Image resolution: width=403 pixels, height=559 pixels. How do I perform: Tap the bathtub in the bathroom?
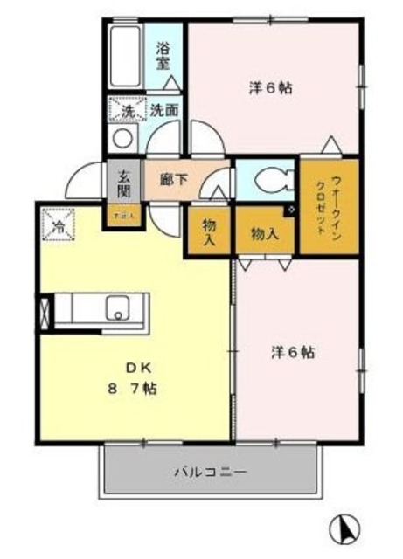pyautogui.click(x=128, y=56)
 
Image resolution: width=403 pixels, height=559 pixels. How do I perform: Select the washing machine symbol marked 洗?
pyautogui.click(x=127, y=111)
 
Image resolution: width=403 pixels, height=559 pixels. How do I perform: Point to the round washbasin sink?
pyautogui.click(x=124, y=138)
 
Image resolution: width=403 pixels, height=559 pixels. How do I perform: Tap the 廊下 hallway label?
pyautogui.click(x=173, y=179)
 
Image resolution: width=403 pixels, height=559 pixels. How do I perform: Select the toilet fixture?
pyautogui.click(x=271, y=181)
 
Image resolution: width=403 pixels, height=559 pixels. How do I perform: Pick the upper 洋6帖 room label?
pyautogui.click(x=270, y=87)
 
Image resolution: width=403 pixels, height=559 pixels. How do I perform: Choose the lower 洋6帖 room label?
pyautogui.click(x=292, y=353)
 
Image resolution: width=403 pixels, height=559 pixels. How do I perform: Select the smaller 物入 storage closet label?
pyautogui.click(x=207, y=232)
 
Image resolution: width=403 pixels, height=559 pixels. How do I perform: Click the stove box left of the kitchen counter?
pyautogui.click(x=45, y=314)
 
